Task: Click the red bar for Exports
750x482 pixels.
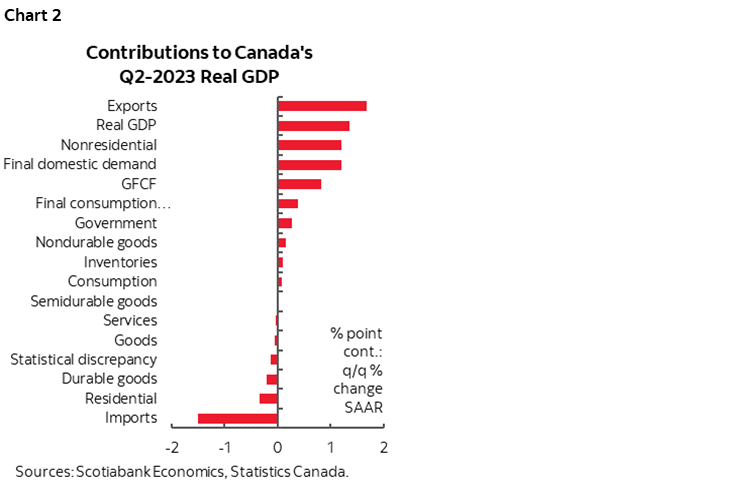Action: coord(322,106)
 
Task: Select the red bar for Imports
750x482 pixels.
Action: coord(238,418)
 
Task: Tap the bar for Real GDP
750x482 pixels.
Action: coord(313,126)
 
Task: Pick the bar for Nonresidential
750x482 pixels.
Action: coord(309,145)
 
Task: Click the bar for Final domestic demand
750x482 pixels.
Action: coord(309,164)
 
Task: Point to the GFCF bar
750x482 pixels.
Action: coord(299,184)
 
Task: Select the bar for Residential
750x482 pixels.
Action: coord(268,398)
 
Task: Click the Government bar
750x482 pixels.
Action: coord(284,223)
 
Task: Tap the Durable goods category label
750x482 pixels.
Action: coord(109,379)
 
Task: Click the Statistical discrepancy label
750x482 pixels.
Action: coord(83,359)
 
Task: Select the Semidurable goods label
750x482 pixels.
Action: coord(93,301)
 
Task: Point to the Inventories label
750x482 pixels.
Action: coord(120,262)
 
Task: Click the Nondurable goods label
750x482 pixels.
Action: coord(96,242)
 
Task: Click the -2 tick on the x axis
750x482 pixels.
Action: coord(172,446)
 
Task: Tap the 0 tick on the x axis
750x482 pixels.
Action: coord(278,446)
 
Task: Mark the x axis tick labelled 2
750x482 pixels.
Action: coord(383,446)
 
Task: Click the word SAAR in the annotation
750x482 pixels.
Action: coord(356,407)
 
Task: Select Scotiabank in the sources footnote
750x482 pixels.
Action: coord(112,471)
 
